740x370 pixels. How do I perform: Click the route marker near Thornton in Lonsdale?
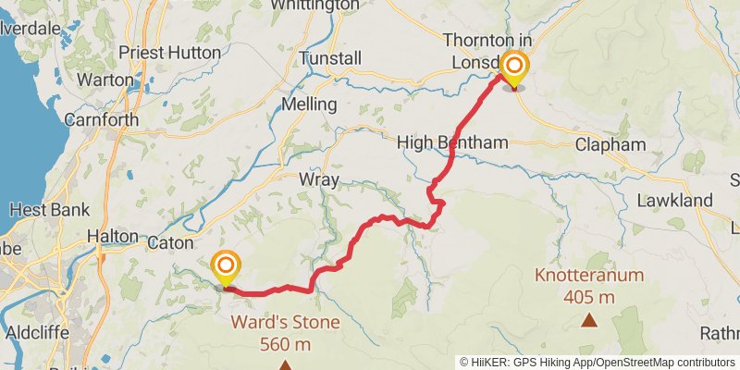(x=513, y=68)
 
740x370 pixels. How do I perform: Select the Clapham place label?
(x=610, y=145)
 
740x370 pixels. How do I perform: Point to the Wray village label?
(x=318, y=179)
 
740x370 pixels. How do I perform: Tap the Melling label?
(x=313, y=103)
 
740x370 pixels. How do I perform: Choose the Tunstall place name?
(x=330, y=58)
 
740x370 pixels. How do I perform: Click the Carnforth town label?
(x=102, y=120)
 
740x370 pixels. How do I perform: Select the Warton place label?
(x=105, y=80)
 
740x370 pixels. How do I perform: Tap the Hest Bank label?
(x=49, y=209)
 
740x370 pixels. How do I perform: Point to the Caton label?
(x=169, y=242)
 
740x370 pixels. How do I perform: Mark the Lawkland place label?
(x=675, y=200)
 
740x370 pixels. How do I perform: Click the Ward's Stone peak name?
(x=285, y=323)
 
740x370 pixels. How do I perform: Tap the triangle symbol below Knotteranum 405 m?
(x=589, y=320)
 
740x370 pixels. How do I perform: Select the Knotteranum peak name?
(x=589, y=276)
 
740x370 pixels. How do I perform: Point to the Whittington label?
(x=314, y=6)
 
